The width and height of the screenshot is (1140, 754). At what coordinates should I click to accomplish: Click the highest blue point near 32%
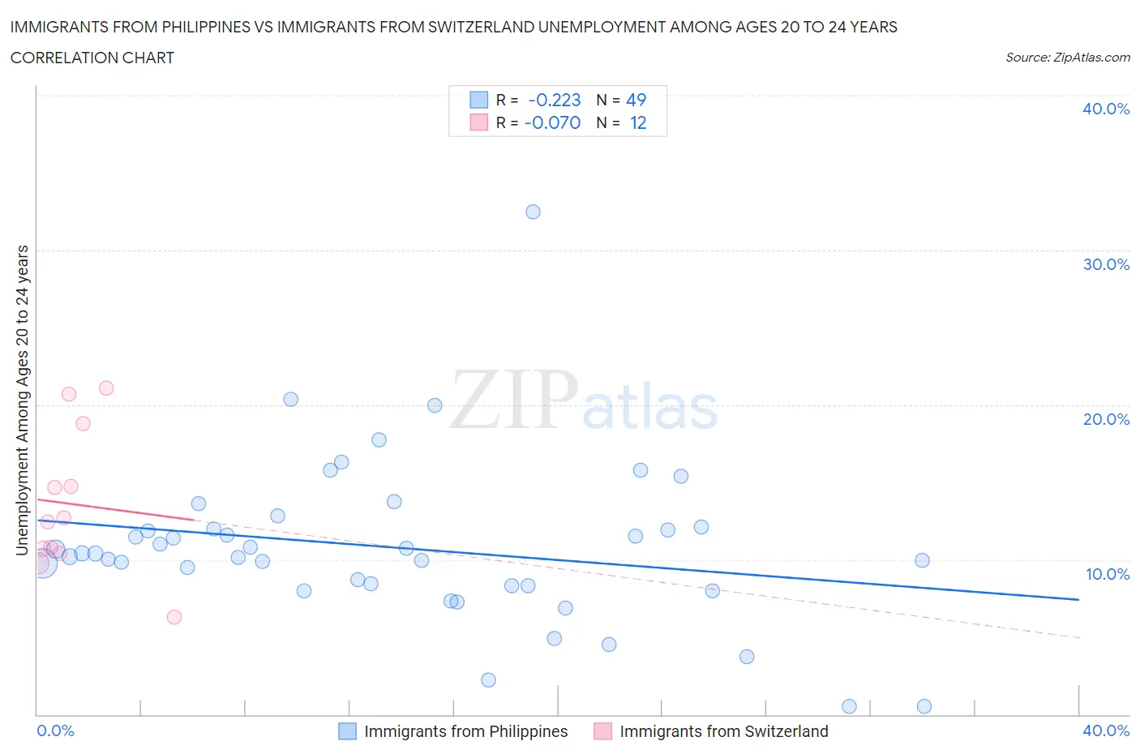[x=533, y=212]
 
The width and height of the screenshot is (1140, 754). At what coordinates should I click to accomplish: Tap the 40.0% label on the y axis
[x=1105, y=109]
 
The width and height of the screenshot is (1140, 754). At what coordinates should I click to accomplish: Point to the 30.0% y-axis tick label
[x=1105, y=264]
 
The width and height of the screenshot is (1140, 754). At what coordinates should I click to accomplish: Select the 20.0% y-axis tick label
[x=1105, y=419]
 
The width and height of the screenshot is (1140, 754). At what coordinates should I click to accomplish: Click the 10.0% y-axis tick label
[x=1107, y=574]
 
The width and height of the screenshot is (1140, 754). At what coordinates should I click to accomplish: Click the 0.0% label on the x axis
[x=55, y=730]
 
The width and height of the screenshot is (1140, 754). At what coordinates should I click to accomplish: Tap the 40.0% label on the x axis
[x=1105, y=730]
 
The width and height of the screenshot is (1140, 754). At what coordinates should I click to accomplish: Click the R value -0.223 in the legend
[x=555, y=100]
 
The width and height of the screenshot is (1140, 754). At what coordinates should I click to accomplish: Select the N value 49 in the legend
[x=636, y=100]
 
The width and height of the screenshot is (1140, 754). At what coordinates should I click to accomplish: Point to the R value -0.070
[x=553, y=122]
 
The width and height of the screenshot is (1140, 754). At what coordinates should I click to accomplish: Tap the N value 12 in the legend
[x=638, y=122]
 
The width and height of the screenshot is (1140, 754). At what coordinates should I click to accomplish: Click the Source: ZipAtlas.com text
[x=1067, y=57]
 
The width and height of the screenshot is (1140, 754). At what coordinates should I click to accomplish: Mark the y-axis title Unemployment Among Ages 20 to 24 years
[x=23, y=401]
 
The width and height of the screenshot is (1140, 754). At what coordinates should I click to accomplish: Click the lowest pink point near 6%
[x=174, y=617]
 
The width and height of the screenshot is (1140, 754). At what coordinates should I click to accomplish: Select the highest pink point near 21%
[x=106, y=388]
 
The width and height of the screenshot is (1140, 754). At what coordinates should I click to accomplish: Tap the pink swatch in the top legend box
[x=478, y=122]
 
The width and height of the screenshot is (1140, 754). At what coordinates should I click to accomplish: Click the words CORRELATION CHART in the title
[x=92, y=58]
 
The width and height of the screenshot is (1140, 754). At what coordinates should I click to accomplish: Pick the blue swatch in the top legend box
[x=478, y=100]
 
